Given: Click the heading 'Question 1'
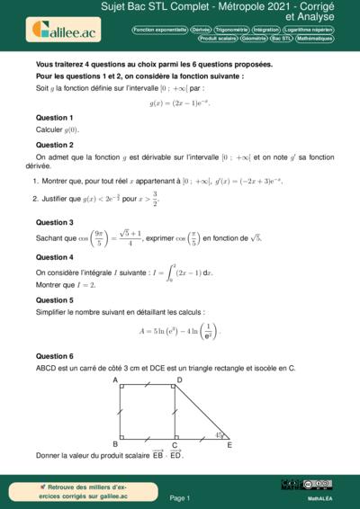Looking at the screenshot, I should tap(54, 118).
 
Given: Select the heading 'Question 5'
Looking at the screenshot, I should tap(54, 299).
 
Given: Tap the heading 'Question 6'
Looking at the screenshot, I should tap(54, 356).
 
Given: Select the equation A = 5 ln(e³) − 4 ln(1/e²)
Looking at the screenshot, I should tap(180, 329).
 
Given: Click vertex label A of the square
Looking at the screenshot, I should tap(115, 380).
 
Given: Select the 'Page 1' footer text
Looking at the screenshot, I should tap(179, 496).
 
